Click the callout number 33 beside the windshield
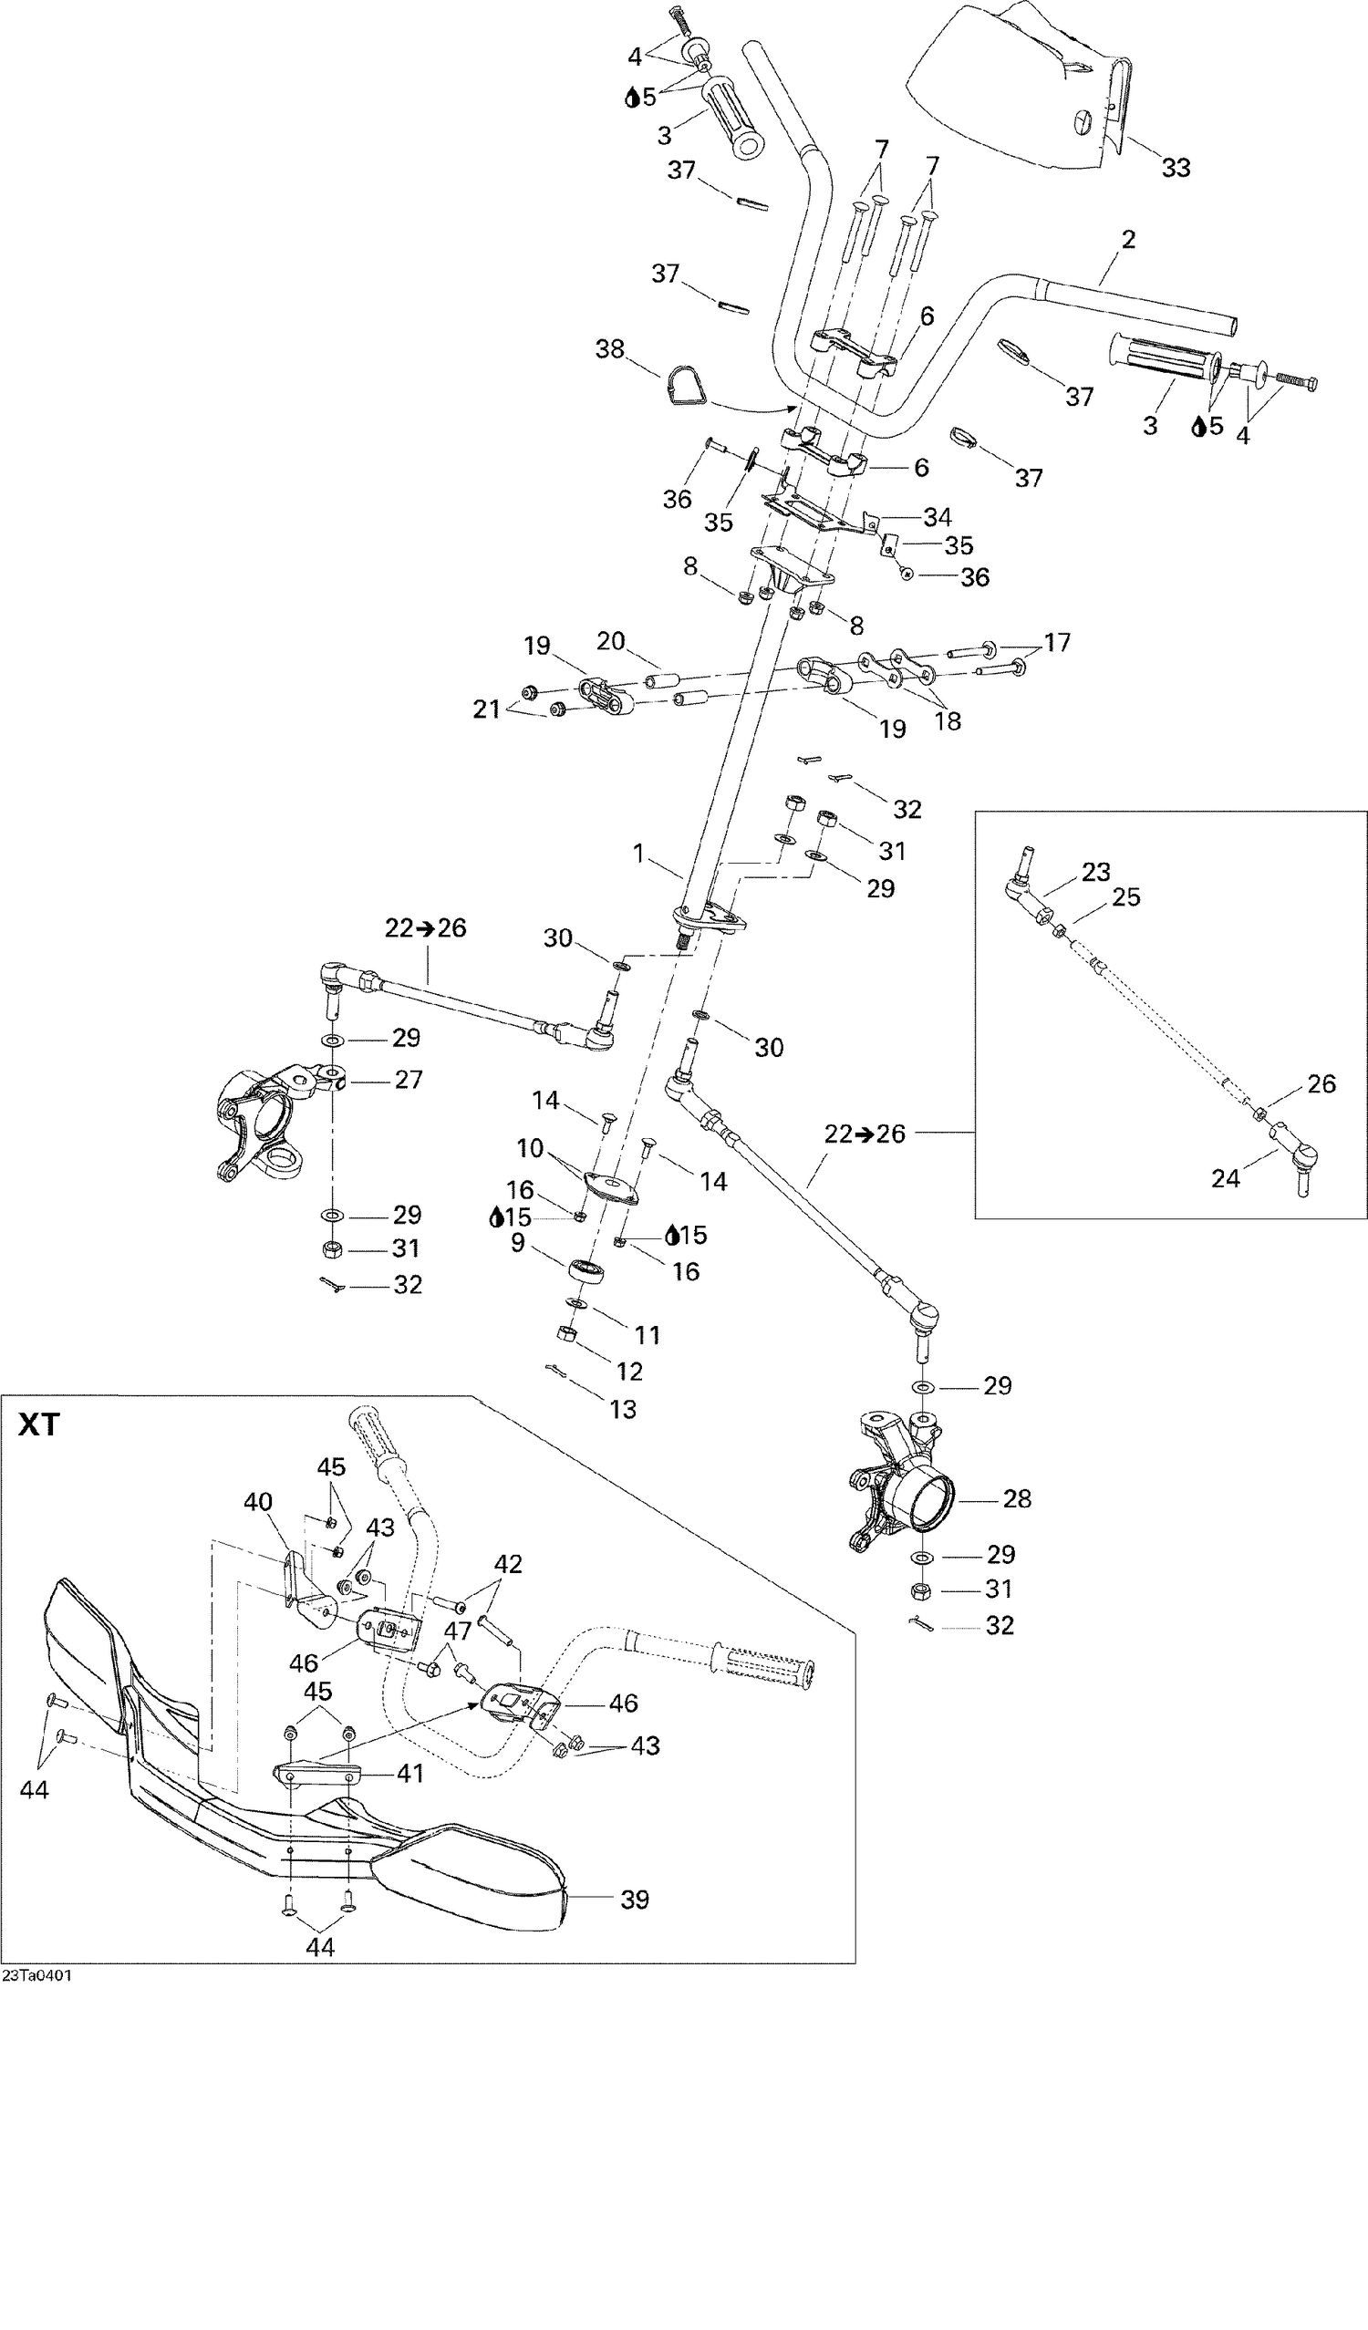coord(1176,169)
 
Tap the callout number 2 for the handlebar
coord(1127,240)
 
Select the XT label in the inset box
coord(39,1424)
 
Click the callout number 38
coord(609,349)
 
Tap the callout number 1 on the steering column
coord(637,853)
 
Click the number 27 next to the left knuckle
coord(408,1079)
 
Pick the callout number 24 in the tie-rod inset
coord(1225,1178)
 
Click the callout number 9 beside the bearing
coord(518,1243)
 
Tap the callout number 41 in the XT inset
coord(409,1774)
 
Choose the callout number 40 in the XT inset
coord(258,1503)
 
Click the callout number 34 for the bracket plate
coord(937,517)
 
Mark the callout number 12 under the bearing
coord(630,1372)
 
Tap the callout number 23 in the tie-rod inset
coord(1096,872)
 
